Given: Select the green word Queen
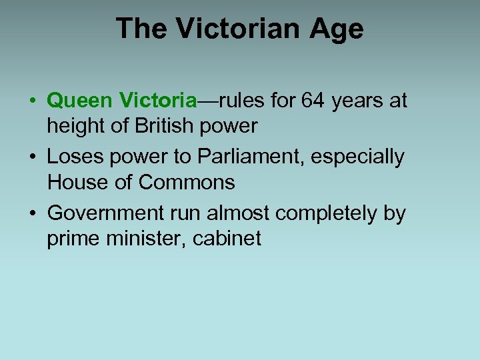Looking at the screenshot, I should pos(79,101).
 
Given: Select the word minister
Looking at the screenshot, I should pos(139,237).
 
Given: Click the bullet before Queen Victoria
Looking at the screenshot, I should pos(33,101).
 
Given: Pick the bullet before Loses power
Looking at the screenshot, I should pos(33,157).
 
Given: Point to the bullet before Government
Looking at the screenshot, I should pos(33,213).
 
